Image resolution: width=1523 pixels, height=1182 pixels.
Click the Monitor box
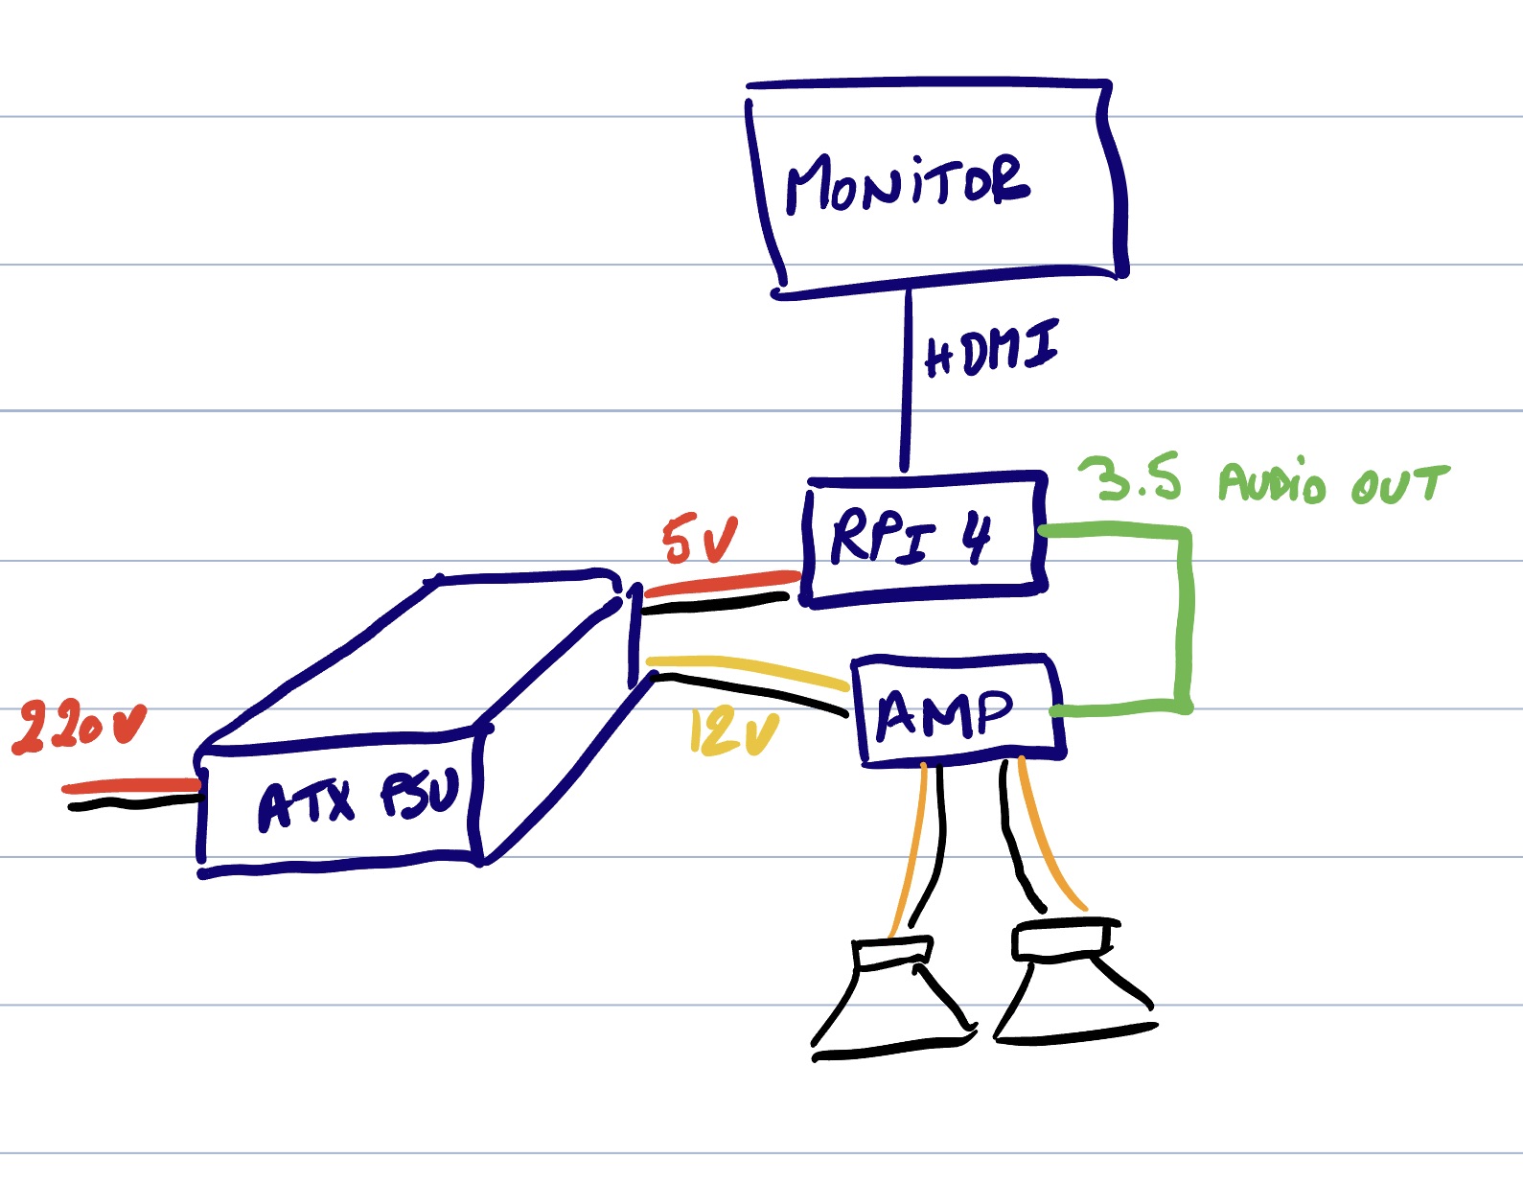tap(935, 187)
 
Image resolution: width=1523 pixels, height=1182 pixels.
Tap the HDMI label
tap(992, 349)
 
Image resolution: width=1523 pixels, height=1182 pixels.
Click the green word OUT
tap(1399, 484)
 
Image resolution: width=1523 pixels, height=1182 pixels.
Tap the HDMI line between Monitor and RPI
tap(906, 383)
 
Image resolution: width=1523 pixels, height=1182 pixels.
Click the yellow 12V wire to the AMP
tap(748, 667)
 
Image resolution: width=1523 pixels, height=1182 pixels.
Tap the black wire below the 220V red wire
tap(134, 803)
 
